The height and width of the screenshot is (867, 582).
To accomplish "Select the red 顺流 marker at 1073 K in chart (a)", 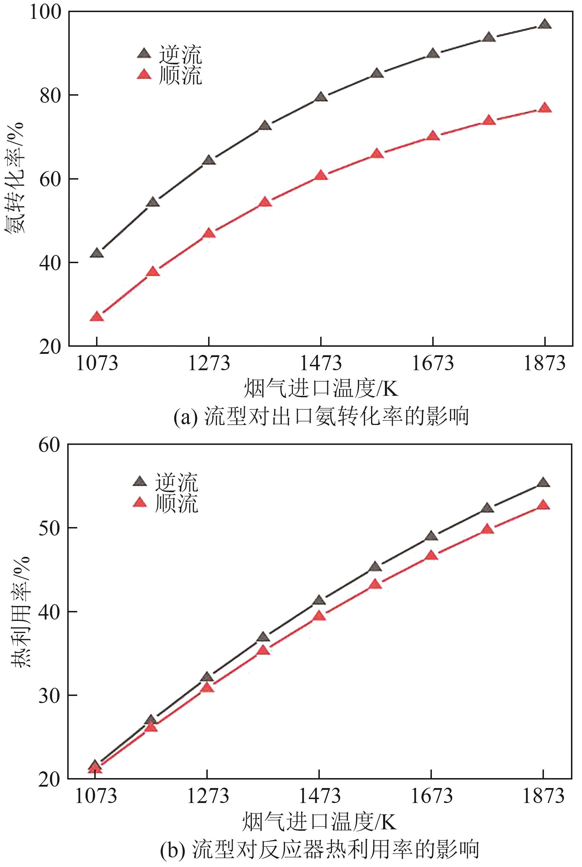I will [97, 317].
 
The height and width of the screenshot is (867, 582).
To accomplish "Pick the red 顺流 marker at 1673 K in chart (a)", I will [433, 136].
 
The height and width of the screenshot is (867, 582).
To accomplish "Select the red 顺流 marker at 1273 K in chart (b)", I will [207, 687].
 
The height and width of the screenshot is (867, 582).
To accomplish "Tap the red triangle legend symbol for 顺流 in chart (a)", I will [144, 75].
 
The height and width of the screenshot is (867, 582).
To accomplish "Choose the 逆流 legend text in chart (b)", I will [177, 482].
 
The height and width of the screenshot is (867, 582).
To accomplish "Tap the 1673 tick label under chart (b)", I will [431, 795].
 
